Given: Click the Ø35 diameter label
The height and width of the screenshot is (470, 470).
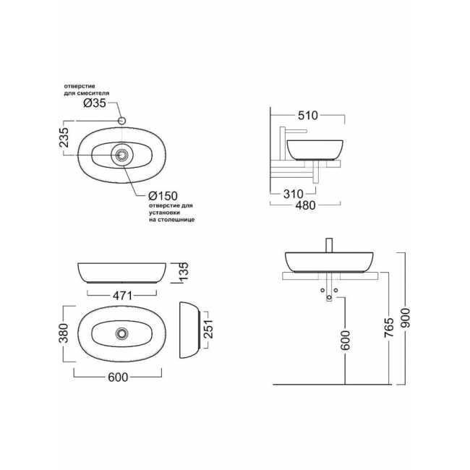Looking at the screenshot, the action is click(95, 103).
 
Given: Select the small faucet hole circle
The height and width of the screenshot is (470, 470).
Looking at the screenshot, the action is click(121, 121).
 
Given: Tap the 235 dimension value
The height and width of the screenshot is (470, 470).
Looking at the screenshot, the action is click(64, 137).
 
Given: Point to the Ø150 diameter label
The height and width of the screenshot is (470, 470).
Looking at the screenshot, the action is click(163, 196).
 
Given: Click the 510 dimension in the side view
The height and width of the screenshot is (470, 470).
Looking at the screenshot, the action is click(308, 115).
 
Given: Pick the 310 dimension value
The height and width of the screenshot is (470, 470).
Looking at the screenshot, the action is click(294, 194).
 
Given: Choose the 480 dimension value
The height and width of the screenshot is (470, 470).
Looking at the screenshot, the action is click(305, 205).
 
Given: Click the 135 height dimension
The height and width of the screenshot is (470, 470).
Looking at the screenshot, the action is click(184, 271).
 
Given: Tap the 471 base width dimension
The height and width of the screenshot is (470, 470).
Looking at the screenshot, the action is click(122, 296).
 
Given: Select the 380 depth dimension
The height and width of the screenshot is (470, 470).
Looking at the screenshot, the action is click(64, 333).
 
